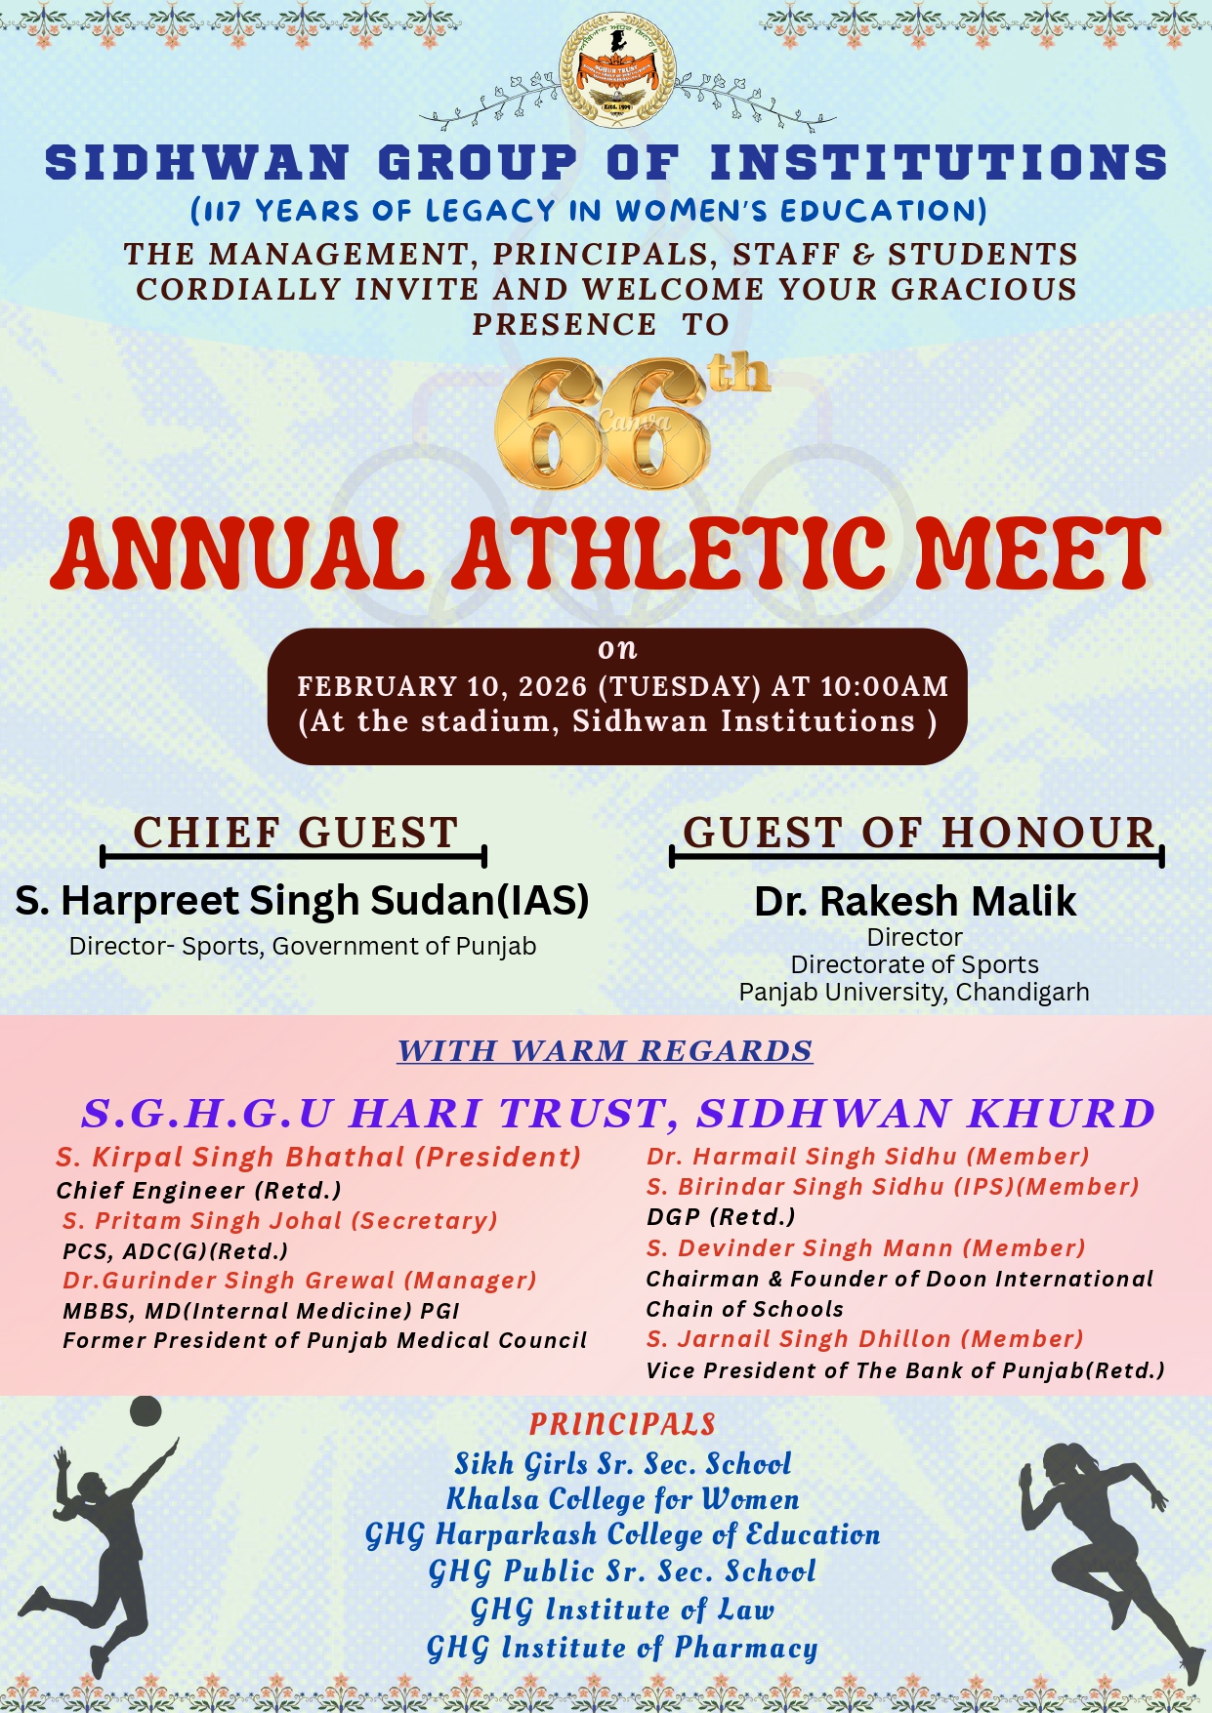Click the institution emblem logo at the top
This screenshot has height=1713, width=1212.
point(617,70)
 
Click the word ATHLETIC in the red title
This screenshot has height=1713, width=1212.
point(674,553)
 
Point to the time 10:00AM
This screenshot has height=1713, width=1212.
point(884,686)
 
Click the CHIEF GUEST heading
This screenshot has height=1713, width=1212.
point(295,834)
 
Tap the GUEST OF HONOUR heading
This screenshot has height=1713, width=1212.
point(918,834)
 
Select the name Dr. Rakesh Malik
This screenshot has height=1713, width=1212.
point(915,902)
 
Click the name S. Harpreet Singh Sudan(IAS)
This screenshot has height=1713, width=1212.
point(302,901)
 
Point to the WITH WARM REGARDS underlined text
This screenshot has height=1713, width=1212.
point(605,1051)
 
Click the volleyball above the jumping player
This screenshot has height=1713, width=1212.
point(146,1410)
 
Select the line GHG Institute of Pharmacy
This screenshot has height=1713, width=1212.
point(622,1649)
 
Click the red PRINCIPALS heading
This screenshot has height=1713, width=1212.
point(622,1424)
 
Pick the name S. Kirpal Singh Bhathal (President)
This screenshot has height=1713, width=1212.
point(318,1158)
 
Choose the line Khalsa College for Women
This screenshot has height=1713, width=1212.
point(622,1499)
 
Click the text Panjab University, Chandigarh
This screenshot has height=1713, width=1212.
point(914,993)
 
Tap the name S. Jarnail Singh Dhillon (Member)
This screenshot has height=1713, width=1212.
point(864,1339)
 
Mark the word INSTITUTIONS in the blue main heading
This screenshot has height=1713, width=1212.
point(939,163)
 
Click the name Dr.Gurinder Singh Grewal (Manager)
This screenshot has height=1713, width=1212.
point(300,1281)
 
